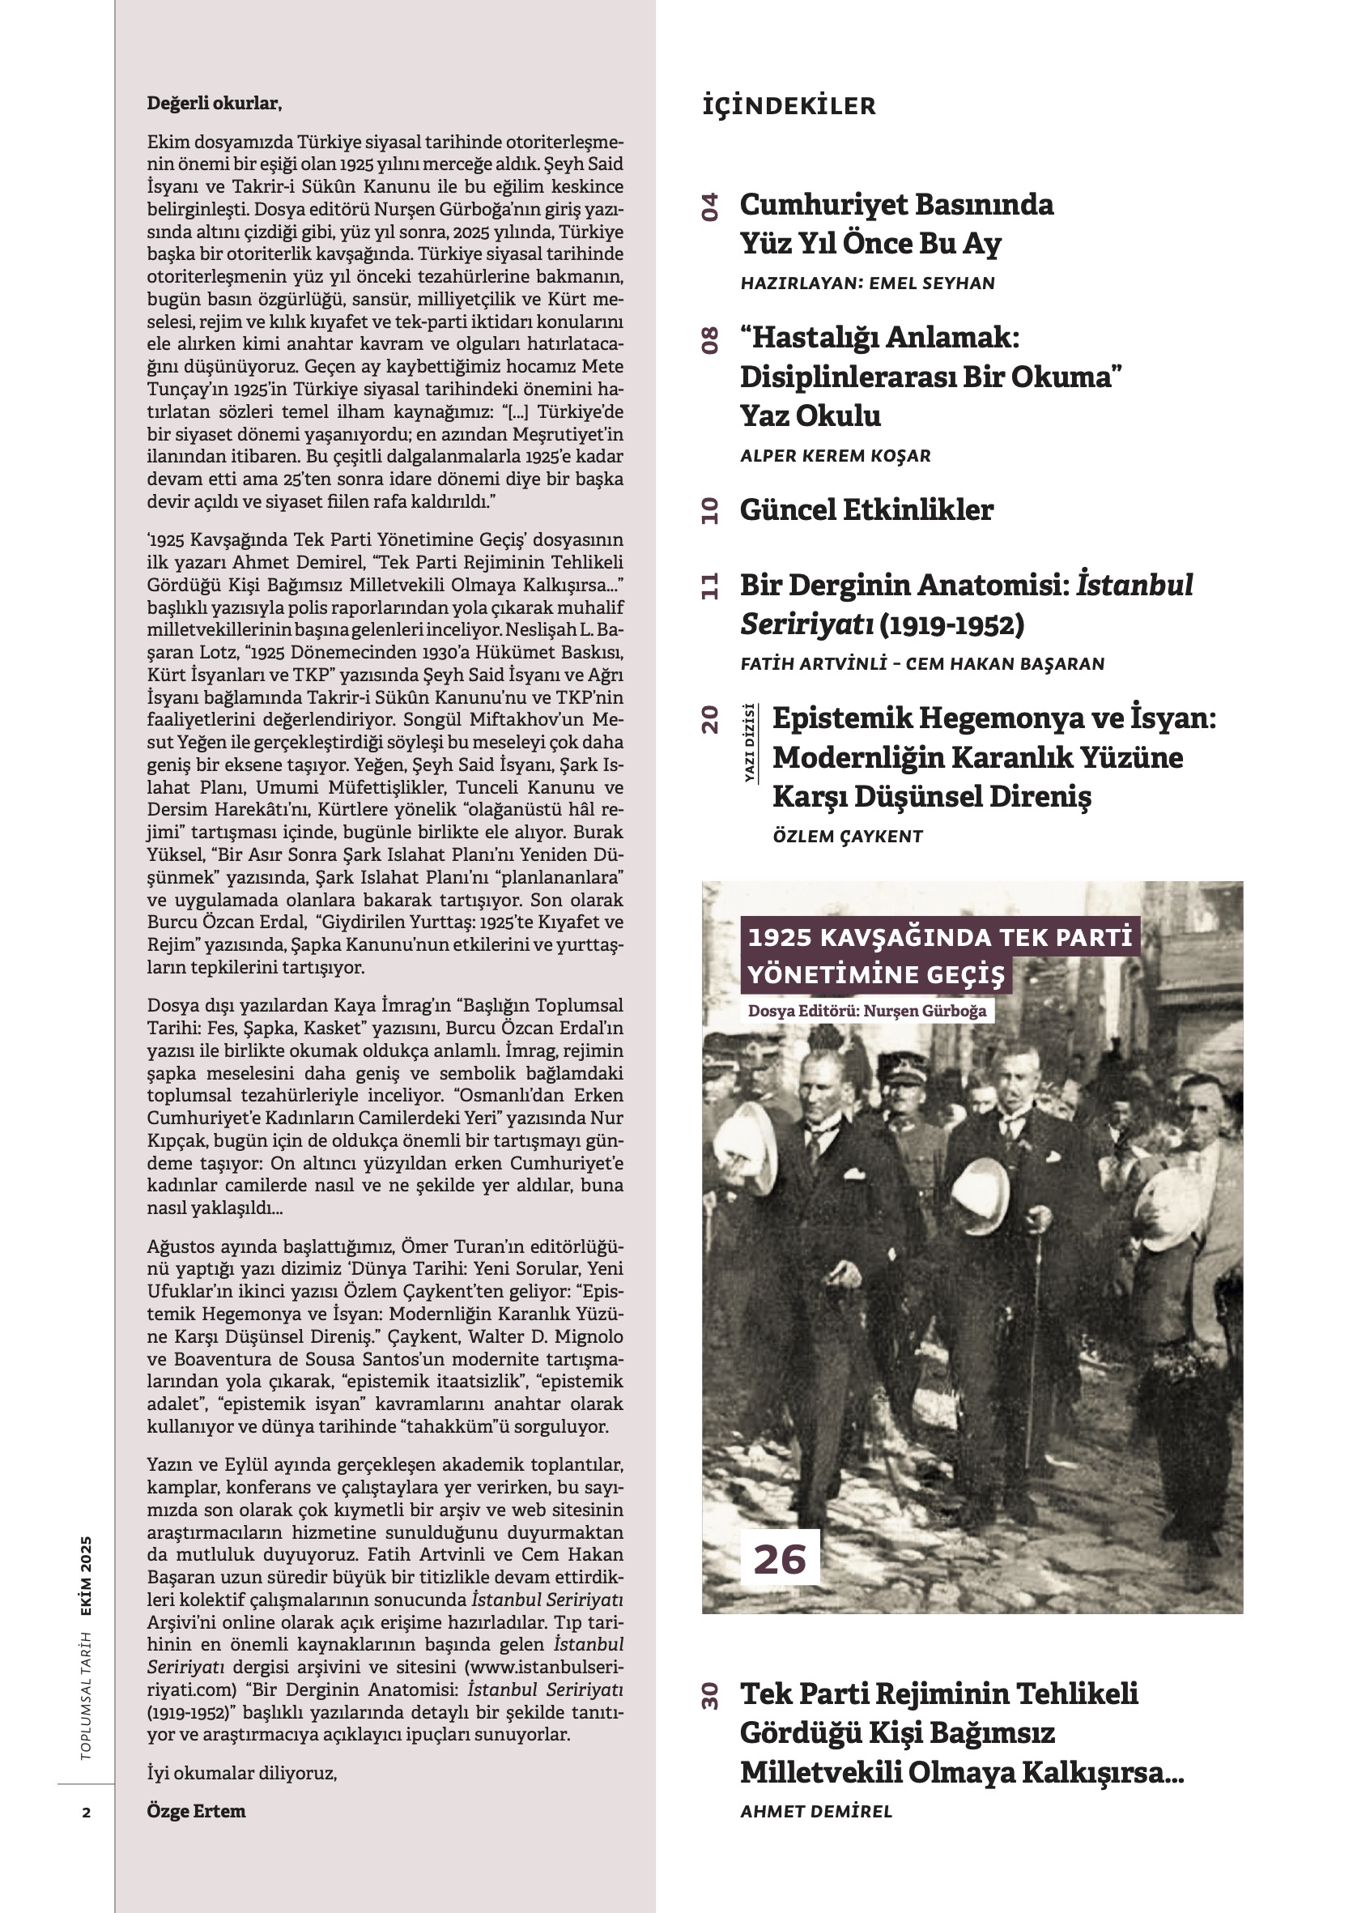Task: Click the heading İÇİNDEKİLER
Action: (x=789, y=106)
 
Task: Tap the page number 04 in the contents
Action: (x=710, y=207)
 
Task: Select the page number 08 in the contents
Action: (x=710, y=340)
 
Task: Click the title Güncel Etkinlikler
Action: (x=866, y=509)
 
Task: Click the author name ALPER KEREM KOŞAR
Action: (x=836, y=455)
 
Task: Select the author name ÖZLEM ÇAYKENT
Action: (x=847, y=836)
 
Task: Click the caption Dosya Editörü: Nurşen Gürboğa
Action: (x=866, y=1011)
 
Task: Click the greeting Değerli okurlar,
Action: (x=214, y=104)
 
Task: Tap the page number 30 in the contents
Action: (x=710, y=1695)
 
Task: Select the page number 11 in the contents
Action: (x=710, y=586)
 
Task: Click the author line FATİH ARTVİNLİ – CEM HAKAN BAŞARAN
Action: (x=922, y=664)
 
